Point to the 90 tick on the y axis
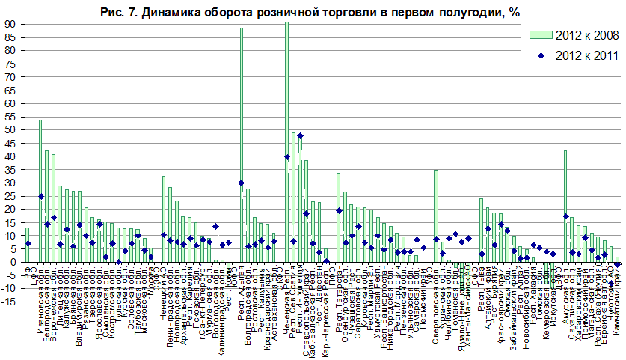coord(11,25)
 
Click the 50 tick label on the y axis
coord(11,130)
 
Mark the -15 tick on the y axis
coord(10,302)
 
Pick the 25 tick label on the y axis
coord(11,196)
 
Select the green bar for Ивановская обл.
coord(40,191)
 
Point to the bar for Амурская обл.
coord(565,206)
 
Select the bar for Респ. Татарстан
coord(338,217)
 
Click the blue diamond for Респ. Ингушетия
coord(300,136)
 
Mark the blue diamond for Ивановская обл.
coord(40,196)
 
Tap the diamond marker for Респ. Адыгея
coord(242,183)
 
